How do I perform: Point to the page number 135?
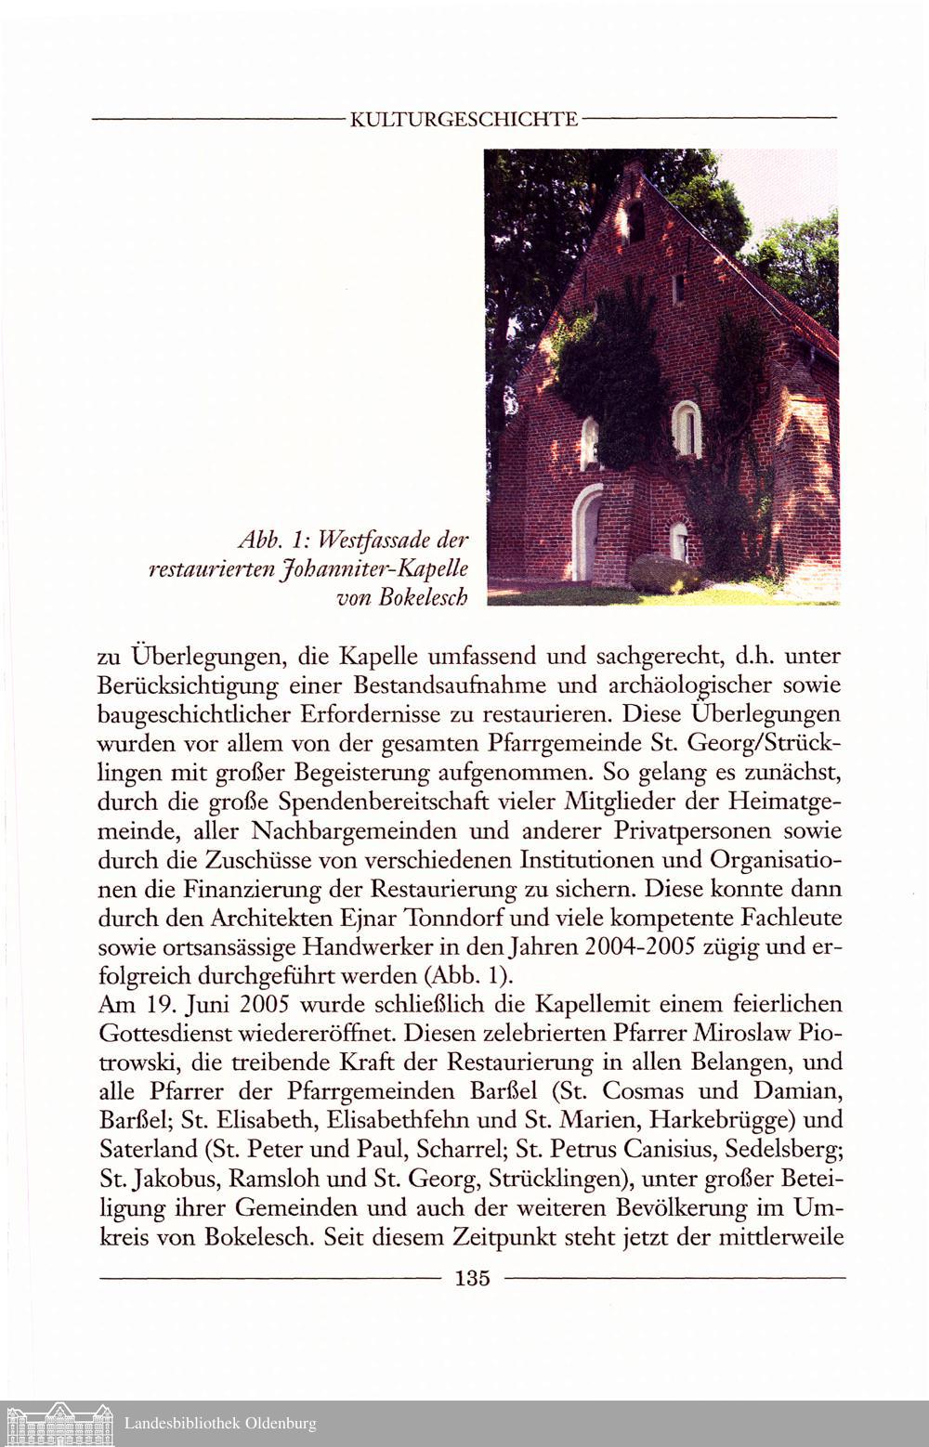pyautogui.click(x=472, y=1278)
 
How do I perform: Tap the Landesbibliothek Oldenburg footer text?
pyautogui.click(x=220, y=1423)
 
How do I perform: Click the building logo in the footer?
pyautogui.click(x=59, y=1423)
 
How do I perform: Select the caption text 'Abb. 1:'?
pyautogui.click(x=268, y=541)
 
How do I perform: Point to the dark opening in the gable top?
pyautogui.click(x=635, y=220)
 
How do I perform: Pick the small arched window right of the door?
pyautogui.click(x=679, y=541)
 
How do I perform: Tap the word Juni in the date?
pyautogui.click(x=207, y=1005)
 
